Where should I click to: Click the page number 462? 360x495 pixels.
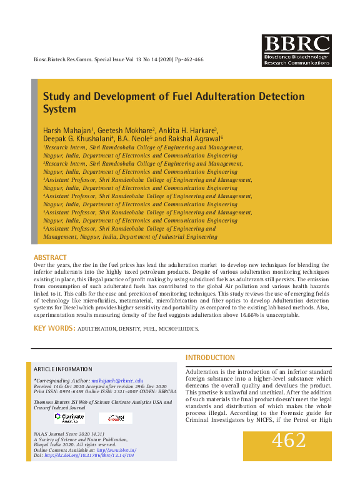pos(288,441)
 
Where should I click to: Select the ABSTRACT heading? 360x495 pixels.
pos(50,257)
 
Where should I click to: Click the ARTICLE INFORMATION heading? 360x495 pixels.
pos(62,369)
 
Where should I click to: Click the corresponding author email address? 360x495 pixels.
pos(117,381)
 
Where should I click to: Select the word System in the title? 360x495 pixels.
pos(59,109)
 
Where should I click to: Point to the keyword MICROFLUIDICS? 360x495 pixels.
pos(179,329)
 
